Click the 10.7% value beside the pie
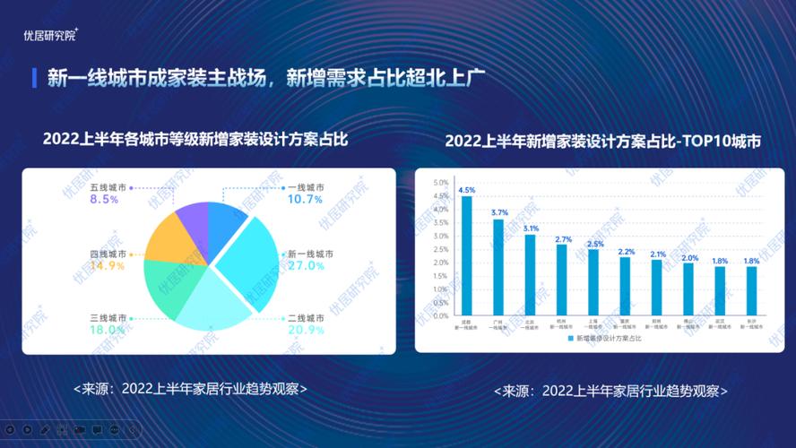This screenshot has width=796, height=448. pos(304,200)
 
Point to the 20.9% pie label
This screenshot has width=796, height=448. pos(304,331)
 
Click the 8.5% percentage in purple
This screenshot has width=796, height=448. pos(105,200)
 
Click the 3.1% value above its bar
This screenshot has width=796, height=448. pos(530,228)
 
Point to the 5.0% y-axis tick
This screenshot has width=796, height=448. pos(440,183)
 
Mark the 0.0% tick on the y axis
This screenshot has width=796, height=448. pos(440,316)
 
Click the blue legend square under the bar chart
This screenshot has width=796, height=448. pos(570,340)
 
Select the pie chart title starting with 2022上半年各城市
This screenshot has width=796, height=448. pos(195,139)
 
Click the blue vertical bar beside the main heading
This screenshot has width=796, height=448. pos(34,77)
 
